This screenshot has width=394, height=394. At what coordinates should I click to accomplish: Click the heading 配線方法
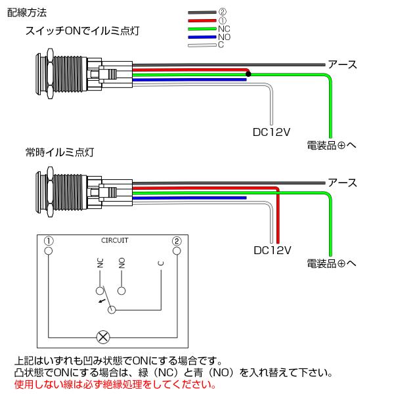[27, 12]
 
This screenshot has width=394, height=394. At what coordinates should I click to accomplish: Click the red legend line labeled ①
[202, 20]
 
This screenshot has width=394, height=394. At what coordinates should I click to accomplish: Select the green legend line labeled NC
[202, 29]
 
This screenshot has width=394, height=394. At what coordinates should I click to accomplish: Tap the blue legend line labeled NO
[202, 37]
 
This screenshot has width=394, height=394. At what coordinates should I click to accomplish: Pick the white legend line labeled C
[202, 45]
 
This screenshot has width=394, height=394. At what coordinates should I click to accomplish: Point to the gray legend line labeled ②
[202, 12]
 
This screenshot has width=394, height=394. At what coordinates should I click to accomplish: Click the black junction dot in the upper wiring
[248, 74]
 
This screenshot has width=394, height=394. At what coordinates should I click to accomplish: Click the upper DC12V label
[271, 132]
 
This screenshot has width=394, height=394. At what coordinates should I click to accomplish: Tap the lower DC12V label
[273, 250]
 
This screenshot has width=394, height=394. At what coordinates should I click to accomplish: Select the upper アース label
[342, 64]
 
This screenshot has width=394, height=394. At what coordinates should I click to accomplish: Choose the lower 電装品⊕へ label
[332, 263]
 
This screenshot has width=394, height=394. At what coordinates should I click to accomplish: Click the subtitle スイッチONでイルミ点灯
[83, 31]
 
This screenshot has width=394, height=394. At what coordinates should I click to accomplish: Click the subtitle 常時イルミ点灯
[60, 152]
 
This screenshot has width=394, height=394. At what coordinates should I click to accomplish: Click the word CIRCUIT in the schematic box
[114, 240]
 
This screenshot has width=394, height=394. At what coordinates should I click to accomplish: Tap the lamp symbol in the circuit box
[103, 338]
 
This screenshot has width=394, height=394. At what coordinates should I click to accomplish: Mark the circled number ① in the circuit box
[49, 241]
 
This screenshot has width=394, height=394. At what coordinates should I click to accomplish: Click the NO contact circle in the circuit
[121, 291]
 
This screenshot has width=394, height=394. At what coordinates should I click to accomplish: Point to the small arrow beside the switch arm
[102, 301]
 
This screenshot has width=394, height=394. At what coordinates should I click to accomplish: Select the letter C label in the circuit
[161, 263]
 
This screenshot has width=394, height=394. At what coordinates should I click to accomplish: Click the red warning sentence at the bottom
[115, 384]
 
